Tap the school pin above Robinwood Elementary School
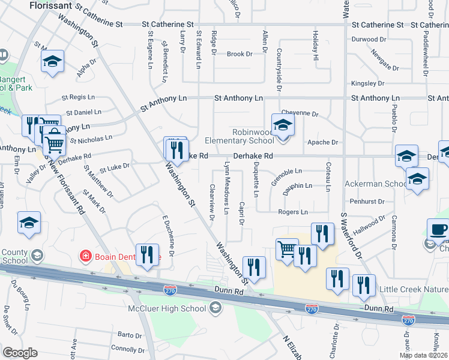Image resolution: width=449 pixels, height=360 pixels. (x=283, y=125)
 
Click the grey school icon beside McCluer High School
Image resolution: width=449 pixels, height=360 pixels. (x=215, y=308)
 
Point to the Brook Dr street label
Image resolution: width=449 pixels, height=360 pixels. (x=240, y=54)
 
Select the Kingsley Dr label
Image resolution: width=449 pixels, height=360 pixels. (x=367, y=83)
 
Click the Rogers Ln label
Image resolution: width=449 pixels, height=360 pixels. (x=292, y=212)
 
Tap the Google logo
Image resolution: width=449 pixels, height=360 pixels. (x=20, y=352)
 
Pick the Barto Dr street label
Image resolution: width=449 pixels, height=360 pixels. (x=129, y=335)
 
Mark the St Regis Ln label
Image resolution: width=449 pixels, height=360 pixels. (x=79, y=97)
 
